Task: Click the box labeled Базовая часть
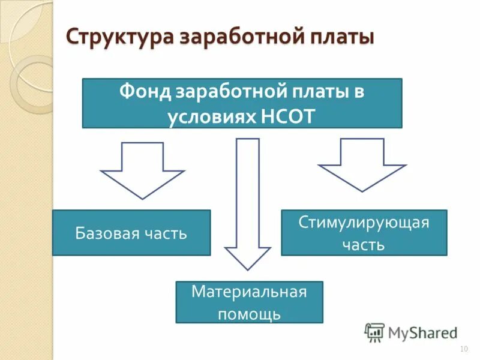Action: click(131, 233)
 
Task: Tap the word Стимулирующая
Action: click(364, 223)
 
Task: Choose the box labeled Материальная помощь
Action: click(249, 302)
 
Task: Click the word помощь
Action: click(249, 313)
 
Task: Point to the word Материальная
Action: click(249, 292)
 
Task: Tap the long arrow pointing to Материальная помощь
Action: click(247, 204)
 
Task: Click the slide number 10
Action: click(463, 349)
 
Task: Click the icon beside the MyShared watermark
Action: click(374, 332)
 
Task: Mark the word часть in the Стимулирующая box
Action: click(364, 244)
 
